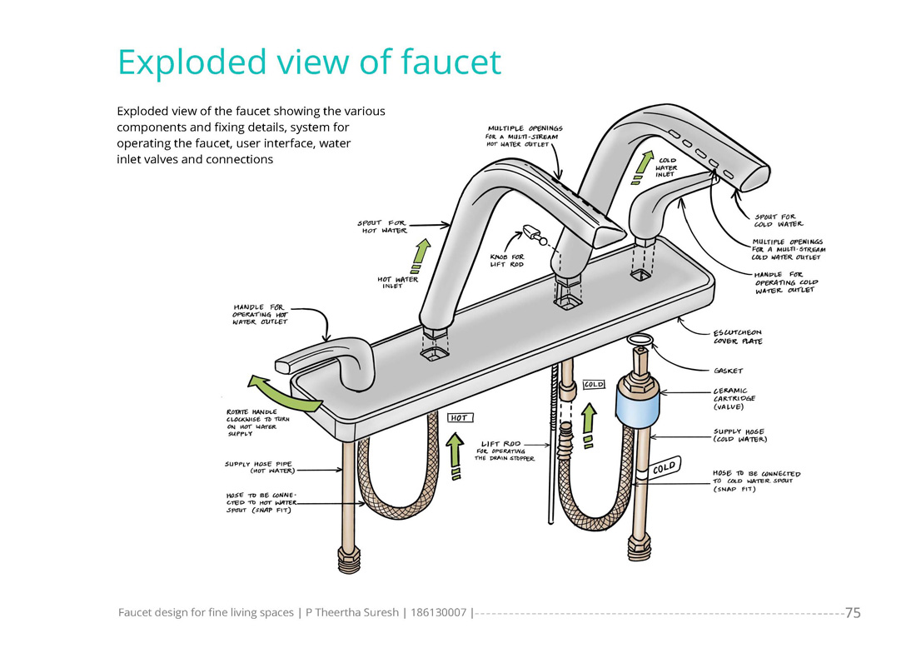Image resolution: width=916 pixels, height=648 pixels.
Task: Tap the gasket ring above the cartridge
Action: (x=640, y=340)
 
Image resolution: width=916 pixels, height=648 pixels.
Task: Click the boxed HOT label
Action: (x=459, y=417)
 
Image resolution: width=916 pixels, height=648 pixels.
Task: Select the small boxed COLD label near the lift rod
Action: (x=593, y=384)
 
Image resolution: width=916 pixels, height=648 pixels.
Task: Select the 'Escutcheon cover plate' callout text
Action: (x=737, y=336)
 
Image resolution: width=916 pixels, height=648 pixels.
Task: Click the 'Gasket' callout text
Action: (x=729, y=370)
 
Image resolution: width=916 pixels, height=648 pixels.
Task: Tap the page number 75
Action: (x=853, y=613)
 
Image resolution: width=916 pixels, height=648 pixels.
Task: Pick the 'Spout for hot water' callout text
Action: (x=382, y=227)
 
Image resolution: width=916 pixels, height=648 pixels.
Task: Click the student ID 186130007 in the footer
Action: (x=439, y=613)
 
